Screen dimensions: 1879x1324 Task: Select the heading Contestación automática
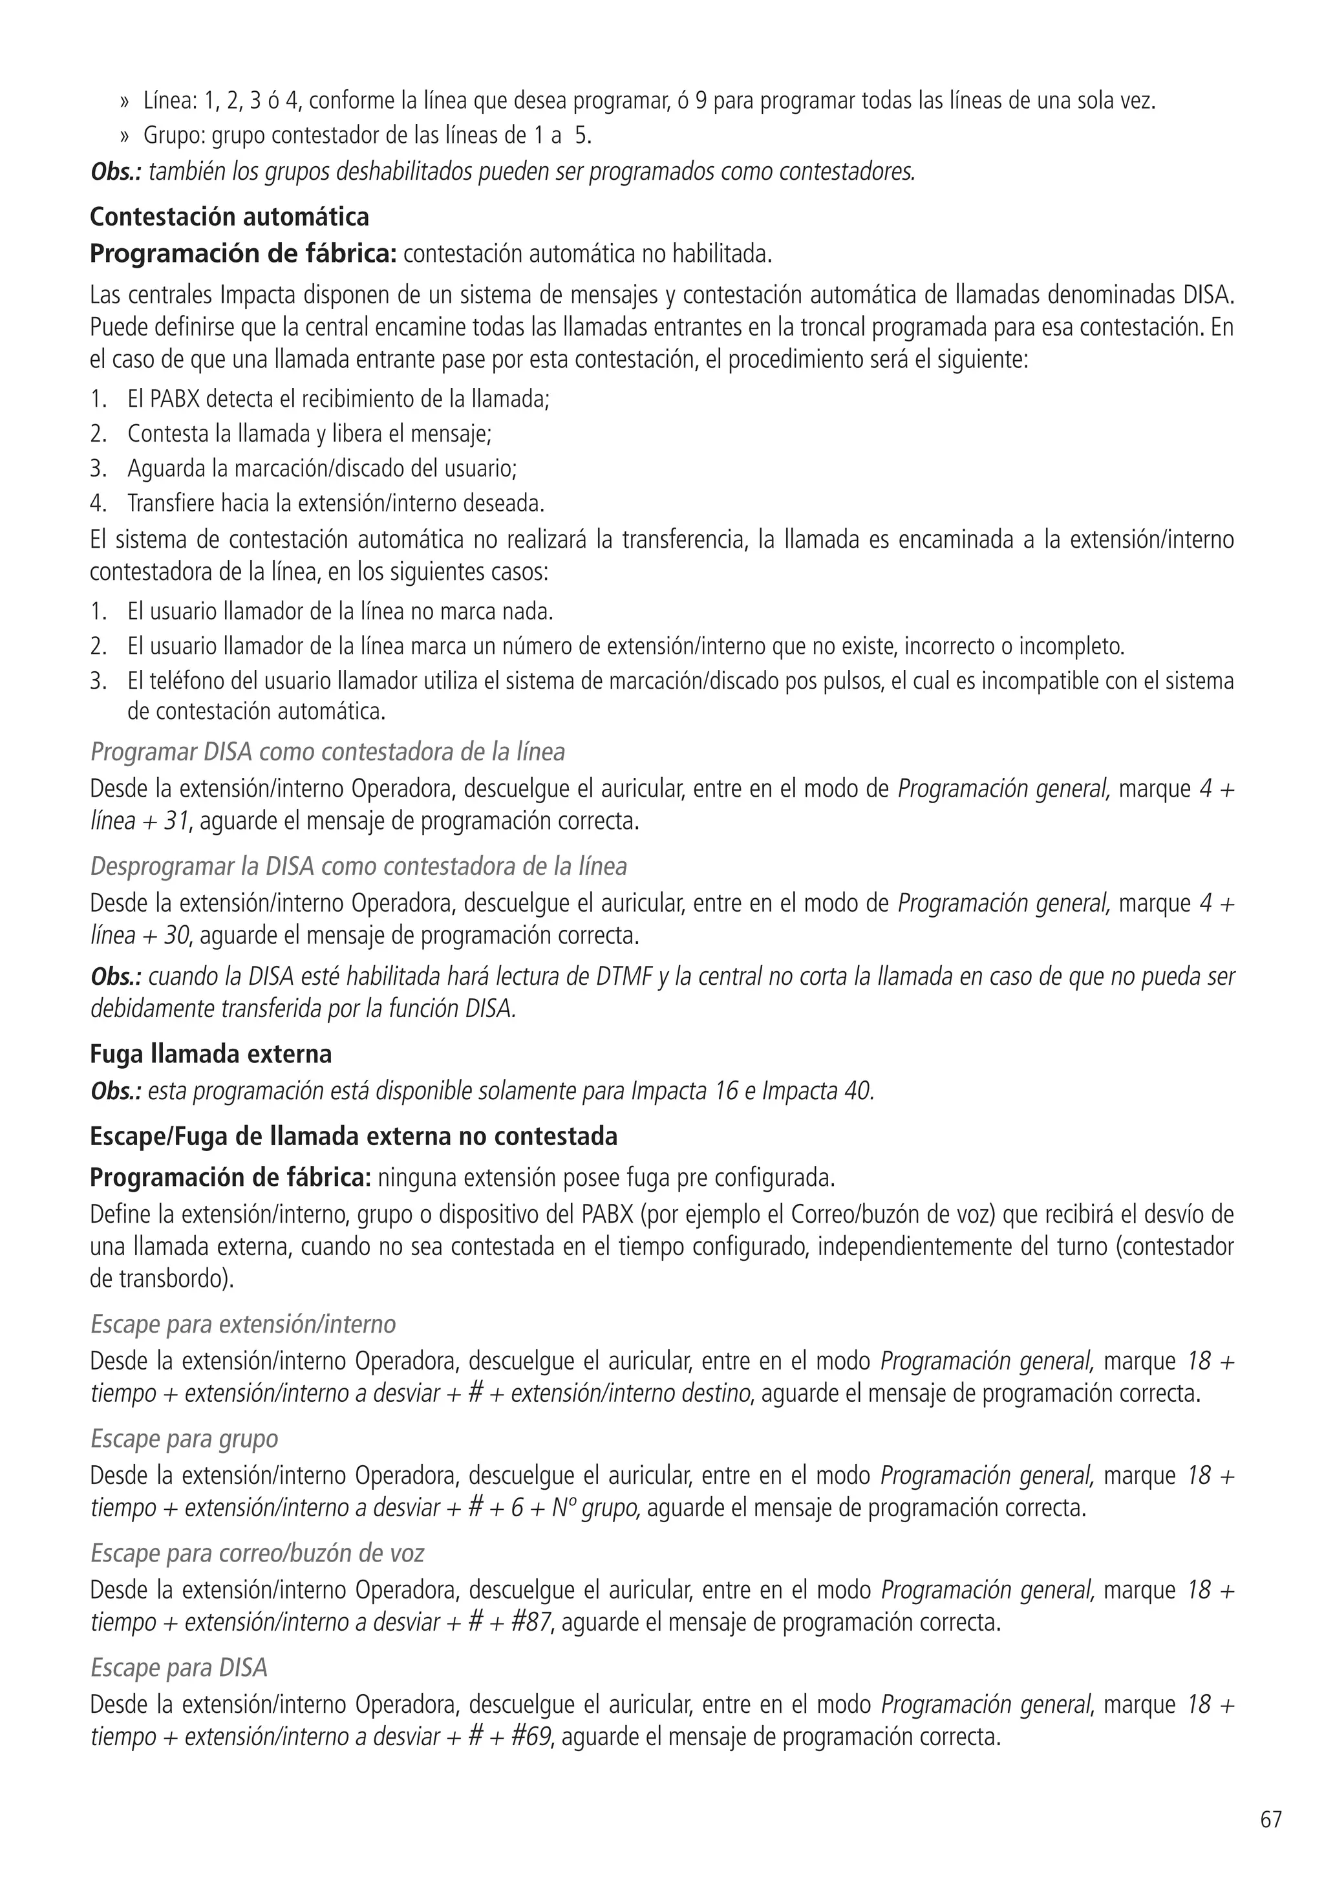point(229,217)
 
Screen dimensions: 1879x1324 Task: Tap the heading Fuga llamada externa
point(210,1054)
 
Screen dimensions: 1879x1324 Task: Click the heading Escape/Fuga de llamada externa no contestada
point(354,1137)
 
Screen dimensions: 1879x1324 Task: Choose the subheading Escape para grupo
point(184,1439)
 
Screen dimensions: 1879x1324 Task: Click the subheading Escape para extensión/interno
point(243,1324)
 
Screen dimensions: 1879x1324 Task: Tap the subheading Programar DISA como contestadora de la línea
point(327,751)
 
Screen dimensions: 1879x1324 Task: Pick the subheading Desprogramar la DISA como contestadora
point(358,866)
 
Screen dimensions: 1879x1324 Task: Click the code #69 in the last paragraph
point(531,1737)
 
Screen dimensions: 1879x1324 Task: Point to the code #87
point(531,1622)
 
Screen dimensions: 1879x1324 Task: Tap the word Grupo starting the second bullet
point(169,136)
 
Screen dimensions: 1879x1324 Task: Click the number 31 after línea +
point(176,821)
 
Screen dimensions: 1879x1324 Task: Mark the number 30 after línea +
point(176,936)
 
